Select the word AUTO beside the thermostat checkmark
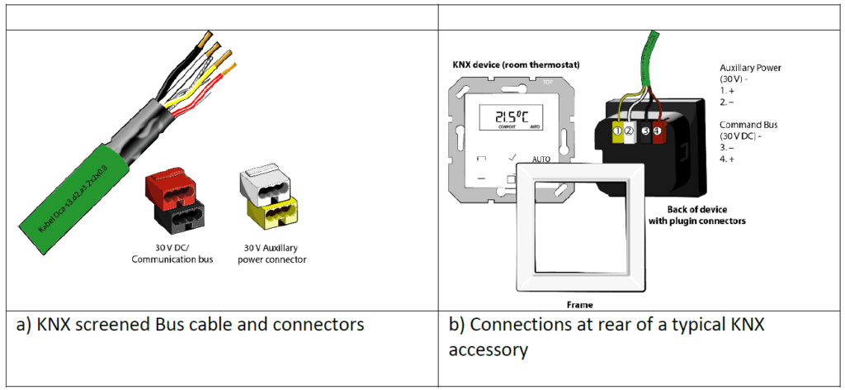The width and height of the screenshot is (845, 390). point(541,158)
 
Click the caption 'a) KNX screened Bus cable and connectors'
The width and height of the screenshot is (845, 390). point(190,325)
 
